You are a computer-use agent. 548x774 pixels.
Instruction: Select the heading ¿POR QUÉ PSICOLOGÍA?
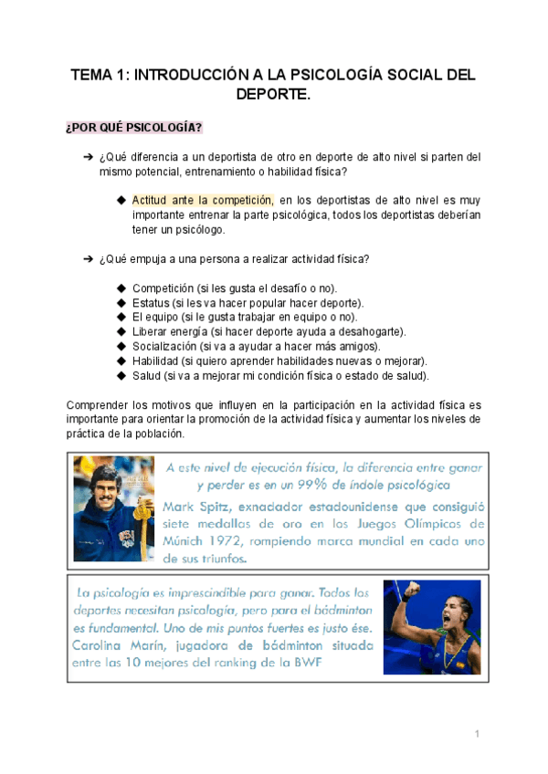click(134, 125)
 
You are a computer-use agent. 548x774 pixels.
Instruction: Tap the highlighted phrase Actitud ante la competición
click(202, 199)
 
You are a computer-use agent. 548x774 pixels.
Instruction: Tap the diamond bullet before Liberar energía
click(121, 332)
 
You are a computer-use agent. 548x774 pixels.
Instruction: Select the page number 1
click(477, 735)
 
